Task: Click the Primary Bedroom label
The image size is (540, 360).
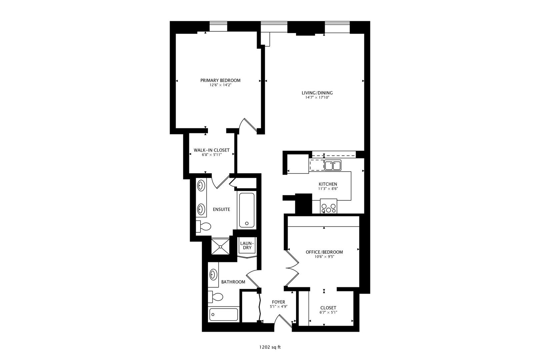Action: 220,80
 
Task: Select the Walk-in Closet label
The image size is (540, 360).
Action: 212,150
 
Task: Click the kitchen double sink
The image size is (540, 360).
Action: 332,165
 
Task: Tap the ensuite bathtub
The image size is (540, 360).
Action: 247,210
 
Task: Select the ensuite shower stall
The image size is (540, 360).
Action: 221,247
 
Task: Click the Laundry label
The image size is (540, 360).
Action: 247,245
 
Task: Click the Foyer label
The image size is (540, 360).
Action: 278,302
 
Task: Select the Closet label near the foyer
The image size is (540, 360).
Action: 328,308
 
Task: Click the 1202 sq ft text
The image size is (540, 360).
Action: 270,347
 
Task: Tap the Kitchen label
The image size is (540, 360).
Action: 328,184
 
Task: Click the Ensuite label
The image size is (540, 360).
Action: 221,209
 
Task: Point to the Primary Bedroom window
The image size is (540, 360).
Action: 218,27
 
